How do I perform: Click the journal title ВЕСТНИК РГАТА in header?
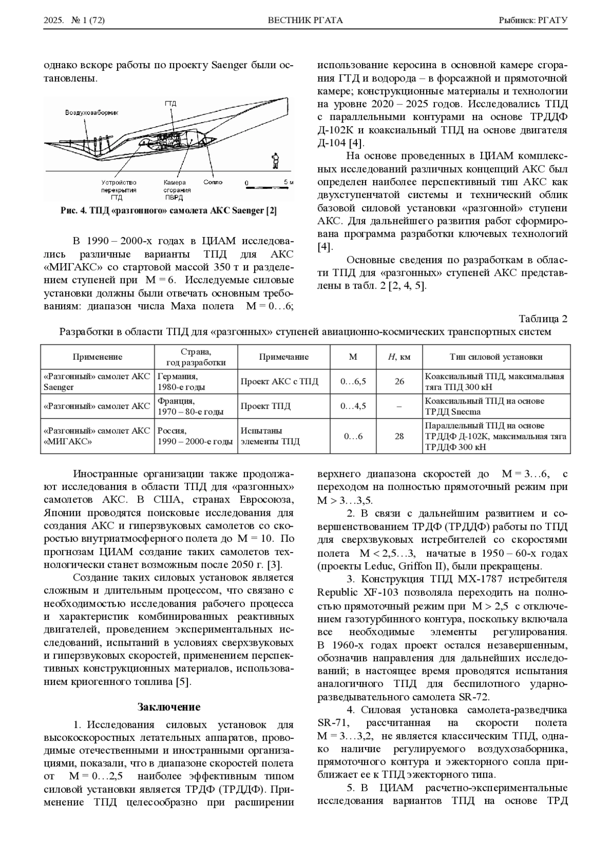point(305,20)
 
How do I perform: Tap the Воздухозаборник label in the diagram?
point(91,113)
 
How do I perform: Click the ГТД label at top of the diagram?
point(170,103)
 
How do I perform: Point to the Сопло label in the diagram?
point(212,182)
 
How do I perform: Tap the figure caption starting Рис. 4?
point(169,211)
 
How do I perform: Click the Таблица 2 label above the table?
point(543,319)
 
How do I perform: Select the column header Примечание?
point(284,357)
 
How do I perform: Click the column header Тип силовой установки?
point(495,357)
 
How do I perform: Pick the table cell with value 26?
point(399,382)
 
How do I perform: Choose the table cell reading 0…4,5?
point(353,406)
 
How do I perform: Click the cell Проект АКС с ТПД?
point(279,382)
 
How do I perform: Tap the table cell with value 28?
point(399,436)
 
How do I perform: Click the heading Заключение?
point(169,707)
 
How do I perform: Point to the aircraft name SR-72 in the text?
point(475,697)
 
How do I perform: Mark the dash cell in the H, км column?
point(399,406)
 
